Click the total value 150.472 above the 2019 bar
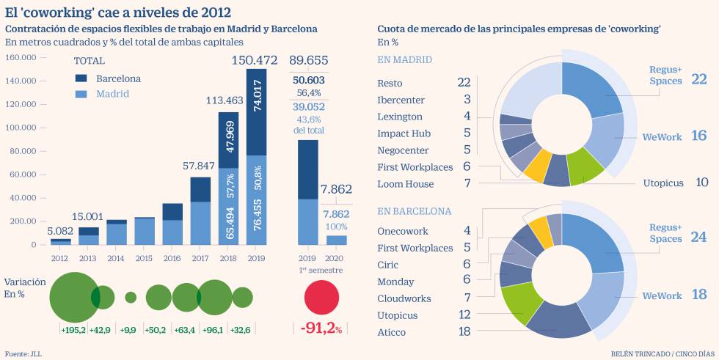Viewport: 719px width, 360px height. tap(255, 59)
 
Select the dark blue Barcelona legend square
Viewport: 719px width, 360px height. tap(81, 78)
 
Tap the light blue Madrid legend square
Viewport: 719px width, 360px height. tap(81, 94)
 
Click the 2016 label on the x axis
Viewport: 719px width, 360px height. tap(172, 257)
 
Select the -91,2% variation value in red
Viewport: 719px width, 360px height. tap(321, 328)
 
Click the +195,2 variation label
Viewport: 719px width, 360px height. tap(72, 330)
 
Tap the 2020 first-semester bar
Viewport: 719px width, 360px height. tap(337, 239)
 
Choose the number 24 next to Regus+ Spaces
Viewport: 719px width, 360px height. tap(698, 238)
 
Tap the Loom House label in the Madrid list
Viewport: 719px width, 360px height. tap(405, 184)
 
